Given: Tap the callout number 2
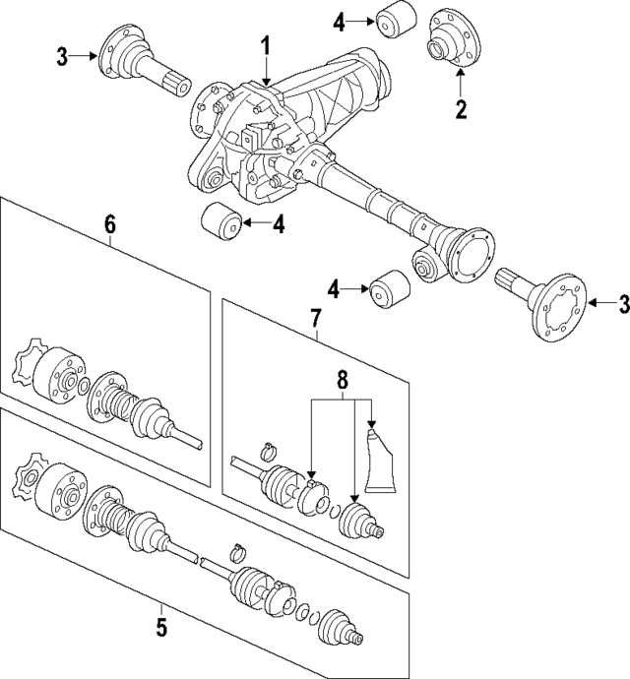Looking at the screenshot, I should [x=460, y=108].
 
